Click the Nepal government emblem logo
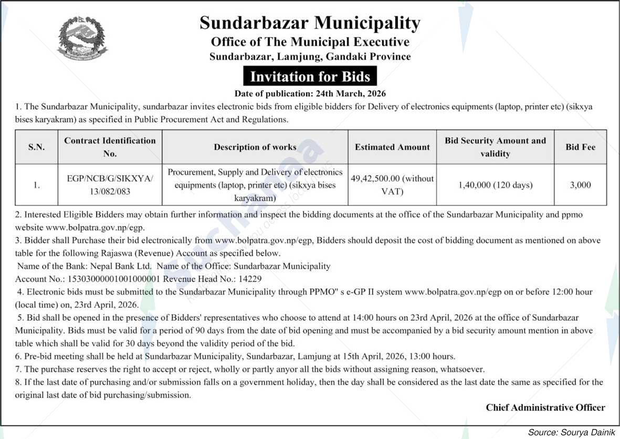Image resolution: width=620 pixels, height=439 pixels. (x=82, y=38)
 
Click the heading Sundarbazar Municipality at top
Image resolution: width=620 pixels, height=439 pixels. (x=310, y=23)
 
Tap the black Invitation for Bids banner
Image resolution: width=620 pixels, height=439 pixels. (x=310, y=77)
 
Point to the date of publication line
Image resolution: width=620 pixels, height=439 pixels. (x=310, y=94)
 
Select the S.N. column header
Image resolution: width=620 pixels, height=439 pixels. (x=36, y=147)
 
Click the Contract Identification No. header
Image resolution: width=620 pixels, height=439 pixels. (x=110, y=147)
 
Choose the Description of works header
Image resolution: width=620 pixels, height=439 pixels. (x=255, y=147)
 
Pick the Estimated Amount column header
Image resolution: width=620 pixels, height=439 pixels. (x=392, y=147)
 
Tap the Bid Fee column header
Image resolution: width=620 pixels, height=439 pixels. (x=580, y=147)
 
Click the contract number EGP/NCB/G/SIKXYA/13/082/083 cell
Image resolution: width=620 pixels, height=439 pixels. (x=110, y=185)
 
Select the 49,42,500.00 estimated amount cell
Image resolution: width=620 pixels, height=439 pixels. (x=392, y=185)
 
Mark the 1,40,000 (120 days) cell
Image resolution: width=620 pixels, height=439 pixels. (x=495, y=185)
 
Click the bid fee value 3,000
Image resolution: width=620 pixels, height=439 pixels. (x=580, y=185)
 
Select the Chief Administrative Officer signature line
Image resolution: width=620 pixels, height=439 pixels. (x=545, y=407)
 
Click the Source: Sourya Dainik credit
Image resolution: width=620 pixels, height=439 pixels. (x=571, y=432)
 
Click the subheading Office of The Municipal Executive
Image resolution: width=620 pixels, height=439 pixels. (x=310, y=41)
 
